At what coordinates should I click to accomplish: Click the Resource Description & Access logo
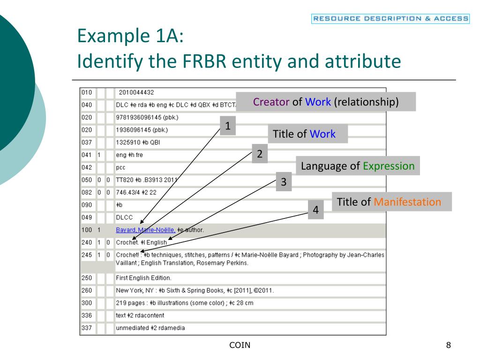(x=390, y=19)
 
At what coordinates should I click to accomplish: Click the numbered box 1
(x=228, y=126)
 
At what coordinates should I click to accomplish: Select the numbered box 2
(x=260, y=154)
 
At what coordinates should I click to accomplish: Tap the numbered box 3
(x=284, y=182)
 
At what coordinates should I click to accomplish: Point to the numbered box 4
(x=316, y=210)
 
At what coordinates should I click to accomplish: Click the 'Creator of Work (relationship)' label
(x=326, y=102)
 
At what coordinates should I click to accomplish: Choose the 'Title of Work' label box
(x=308, y=134)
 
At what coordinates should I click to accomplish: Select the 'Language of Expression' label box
(x=358, y=166)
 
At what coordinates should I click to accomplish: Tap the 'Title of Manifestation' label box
(x=391, y=202)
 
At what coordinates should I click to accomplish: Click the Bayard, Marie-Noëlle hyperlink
(x=145, y=230)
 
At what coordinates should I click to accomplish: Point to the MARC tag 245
(x=87, y=255)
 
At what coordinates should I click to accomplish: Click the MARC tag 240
(x=87, y=242)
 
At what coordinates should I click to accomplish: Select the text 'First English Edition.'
(x=143, y=278)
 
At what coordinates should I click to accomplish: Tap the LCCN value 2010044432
(x=136, y=92)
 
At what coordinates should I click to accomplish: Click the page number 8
(x=449, y=345)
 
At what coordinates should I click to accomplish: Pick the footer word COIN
(x=240, y=345)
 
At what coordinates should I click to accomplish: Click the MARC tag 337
(x=87, y=328)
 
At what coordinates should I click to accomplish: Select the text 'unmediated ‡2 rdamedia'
(x=150, y=328)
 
